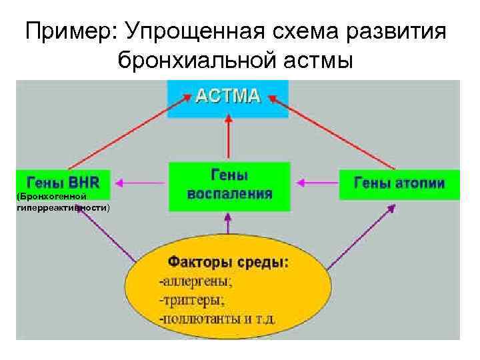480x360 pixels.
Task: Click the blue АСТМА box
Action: point(227,98)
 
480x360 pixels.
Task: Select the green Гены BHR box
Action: point(63,182)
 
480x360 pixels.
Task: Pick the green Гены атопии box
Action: point(399,182)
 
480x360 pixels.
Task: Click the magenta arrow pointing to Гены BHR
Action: point(142,182)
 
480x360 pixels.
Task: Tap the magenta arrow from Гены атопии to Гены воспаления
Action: point(317,182)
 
